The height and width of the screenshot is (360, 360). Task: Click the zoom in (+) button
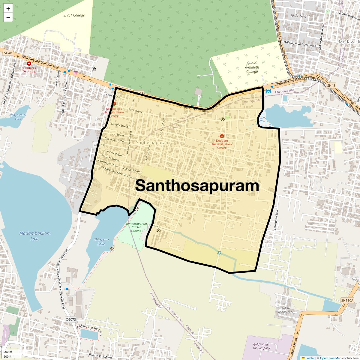(8, 9)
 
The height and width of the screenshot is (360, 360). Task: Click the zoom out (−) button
(8, 17)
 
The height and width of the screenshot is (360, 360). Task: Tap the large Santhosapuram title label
(197, 185)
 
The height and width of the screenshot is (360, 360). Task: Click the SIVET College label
(74, 15)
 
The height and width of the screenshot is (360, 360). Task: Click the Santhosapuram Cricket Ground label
(136, 227)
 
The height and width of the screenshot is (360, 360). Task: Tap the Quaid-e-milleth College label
(252, 67)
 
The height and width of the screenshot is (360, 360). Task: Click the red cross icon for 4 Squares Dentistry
(29, 64)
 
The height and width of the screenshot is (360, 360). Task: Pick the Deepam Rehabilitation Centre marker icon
(222, 136)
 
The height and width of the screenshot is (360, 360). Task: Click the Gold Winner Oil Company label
(261, 346)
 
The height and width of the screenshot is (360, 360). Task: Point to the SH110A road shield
(347, 300)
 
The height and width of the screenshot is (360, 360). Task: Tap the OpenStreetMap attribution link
(330, 358)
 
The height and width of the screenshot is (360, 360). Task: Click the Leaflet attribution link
(310, 358)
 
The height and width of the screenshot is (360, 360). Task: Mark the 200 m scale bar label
(8, 352)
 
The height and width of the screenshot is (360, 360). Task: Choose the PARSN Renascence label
(286, 310)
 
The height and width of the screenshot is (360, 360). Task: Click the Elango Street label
(131, 170)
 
